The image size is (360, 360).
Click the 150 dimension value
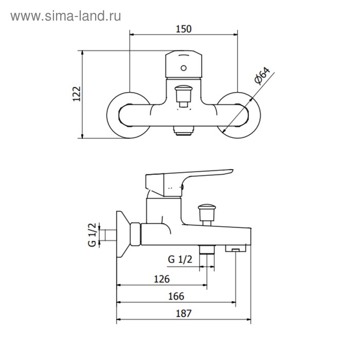(184, 29)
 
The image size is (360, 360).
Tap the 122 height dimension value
(77, 94)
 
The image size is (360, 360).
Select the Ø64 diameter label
(262, 76)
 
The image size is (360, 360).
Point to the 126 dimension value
(161, 279)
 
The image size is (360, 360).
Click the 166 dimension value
(176, 296)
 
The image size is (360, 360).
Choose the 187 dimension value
(184, 313)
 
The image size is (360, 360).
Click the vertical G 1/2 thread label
(92, 235)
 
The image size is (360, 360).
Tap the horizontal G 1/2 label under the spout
(180, 259)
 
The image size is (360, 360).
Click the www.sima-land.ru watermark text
(66, 16)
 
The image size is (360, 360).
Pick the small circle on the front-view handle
(184, 68)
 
